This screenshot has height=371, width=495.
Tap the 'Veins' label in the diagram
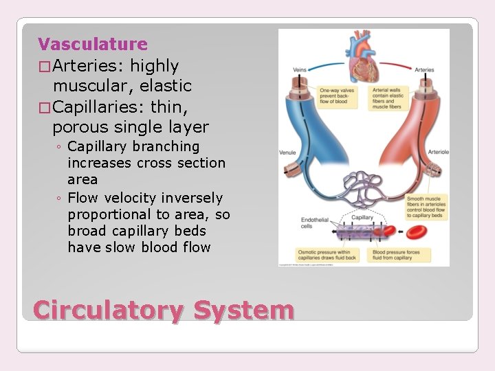pyautogui.click(x=300, y=70)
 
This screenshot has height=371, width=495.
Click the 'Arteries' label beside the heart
pyautogui.click(x=424, y=70)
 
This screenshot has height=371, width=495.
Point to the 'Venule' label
pyautogui.click(x=287, y=152)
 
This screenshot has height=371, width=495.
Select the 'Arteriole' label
pyautogui.click(x=438, y=152)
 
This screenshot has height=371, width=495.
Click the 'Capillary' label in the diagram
pyautogui.click(x=362, y=218)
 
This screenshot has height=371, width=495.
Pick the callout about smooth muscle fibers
pyautogui.click(x=426, y=207)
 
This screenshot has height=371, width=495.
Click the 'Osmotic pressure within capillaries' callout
pyautogui.click(x=324, y=256)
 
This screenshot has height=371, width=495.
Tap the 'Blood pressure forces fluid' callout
pyautogui.click(x=400, y=256)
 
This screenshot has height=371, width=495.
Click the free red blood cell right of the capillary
pyautogui.click(x=414, y=233)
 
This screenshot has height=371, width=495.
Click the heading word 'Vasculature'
pyautogui.click(x=93, y=45)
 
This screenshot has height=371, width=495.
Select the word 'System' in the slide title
pyautogui.click(x=243, y=311)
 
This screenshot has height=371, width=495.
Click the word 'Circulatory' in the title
pyautogui.click(x=108, y=311)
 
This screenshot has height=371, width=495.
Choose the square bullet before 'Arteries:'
pyautogui.click(x=44, y=67)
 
